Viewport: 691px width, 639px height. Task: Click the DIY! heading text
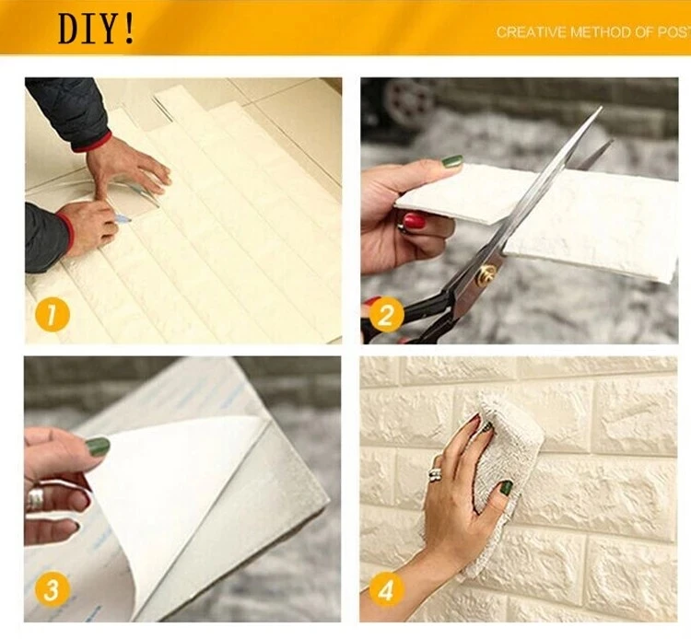96,29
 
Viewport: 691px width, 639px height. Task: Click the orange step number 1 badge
52,314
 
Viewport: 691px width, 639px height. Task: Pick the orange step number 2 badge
386,314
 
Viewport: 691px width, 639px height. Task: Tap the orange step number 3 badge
51,589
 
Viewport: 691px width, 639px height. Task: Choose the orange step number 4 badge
386,589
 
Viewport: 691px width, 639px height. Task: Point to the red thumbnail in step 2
415,220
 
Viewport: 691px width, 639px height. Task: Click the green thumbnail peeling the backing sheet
98,447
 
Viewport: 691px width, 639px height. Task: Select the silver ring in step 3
37,499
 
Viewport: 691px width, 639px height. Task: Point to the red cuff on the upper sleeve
93,142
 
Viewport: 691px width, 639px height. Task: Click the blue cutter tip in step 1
124,218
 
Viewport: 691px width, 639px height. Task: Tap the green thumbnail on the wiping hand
507,488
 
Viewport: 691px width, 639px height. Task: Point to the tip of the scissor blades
601,107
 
